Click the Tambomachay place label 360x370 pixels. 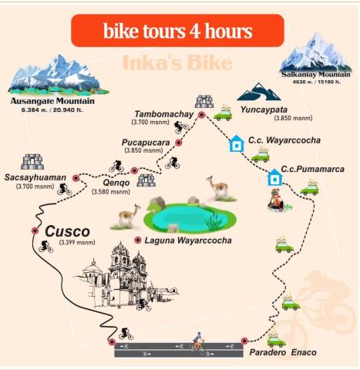click(x=163, y=113)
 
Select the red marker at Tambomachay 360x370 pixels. click(x=201, y=115)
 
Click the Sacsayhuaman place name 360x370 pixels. click(x=34, y=177)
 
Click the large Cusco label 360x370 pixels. click(x=67, y=230)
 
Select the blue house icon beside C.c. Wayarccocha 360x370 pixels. click(x=236, y=143)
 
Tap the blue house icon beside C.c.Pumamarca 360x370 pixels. click(x=274, y=178)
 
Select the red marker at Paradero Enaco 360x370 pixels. click(x=244, y=340)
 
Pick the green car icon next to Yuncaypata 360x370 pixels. click(x=223, y=114)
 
